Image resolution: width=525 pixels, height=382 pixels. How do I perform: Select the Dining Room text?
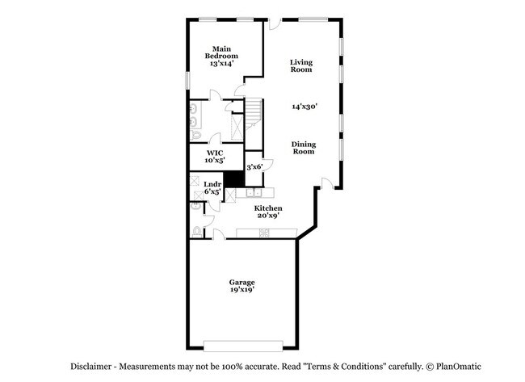pyautogui.click(x=304, y=148)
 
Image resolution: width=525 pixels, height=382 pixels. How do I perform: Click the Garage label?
pyautogui.click(x=241, y=282)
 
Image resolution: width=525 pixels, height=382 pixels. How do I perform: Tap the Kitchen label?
pyautogui.click(x=268, y=208)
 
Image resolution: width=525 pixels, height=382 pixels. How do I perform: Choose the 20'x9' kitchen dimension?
pyautogui.click(x=268, y=216)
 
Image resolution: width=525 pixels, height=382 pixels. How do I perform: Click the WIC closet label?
pyautogui.click(x=214, y=153)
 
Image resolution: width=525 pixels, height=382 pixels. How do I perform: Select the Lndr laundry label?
pyautogui.click(x=212, y=184)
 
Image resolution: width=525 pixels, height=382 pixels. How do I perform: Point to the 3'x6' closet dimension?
pyautogui.click(x=254, y=166)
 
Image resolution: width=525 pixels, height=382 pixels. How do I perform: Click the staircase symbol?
pyautogui.click(x=254, y=112)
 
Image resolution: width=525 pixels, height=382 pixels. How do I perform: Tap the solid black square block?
pyautogui.click(x=233, y=180)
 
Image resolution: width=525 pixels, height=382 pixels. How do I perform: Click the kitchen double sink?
pyautogui.click(x=254, y=193)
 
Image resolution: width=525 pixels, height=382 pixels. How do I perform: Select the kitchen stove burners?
pyautogui.click(x=264, y=233)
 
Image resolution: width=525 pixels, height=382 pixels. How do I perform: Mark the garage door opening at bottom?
pyautogui.click(x=241, y=346)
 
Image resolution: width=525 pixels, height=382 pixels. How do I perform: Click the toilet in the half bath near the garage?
pyautogui.click(x=196, y=232)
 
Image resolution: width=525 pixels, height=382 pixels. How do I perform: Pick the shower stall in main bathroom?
pyautogui.click(x=237, y=128)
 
